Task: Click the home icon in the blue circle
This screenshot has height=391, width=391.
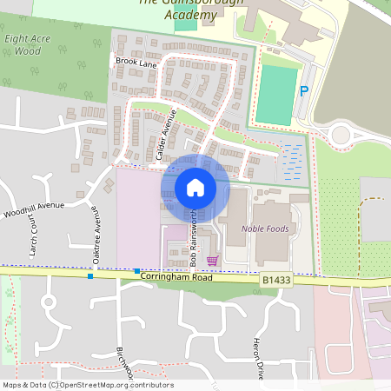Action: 195,187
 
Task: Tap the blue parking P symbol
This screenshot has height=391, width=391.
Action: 303,91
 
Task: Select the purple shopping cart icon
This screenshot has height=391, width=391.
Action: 212,260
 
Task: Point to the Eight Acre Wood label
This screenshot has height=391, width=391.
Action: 22,45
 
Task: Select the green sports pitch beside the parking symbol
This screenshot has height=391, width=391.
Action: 275,95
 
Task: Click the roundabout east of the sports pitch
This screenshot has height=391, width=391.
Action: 339,135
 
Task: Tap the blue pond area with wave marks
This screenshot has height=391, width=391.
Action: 293,159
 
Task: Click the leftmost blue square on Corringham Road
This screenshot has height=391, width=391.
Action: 90,276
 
